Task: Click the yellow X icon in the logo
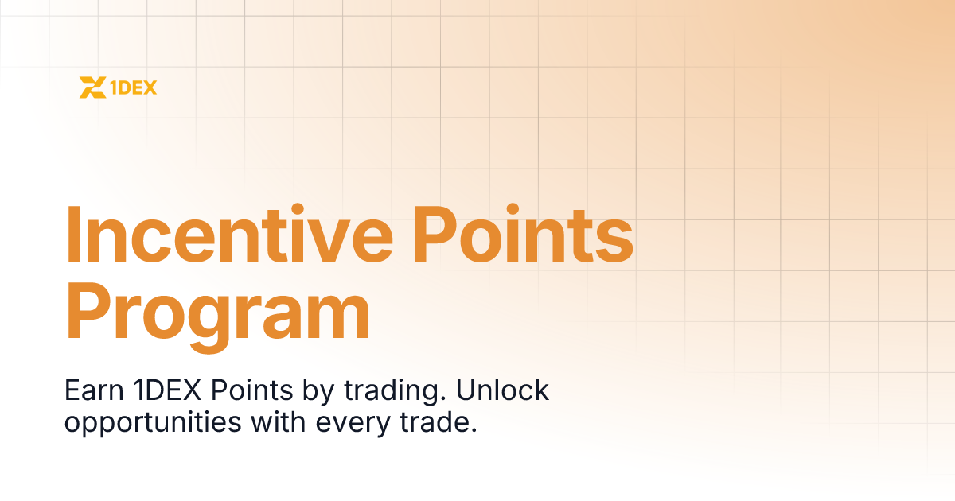92,87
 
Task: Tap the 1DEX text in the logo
132,87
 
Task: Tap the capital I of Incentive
72,236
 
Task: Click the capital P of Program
88,309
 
